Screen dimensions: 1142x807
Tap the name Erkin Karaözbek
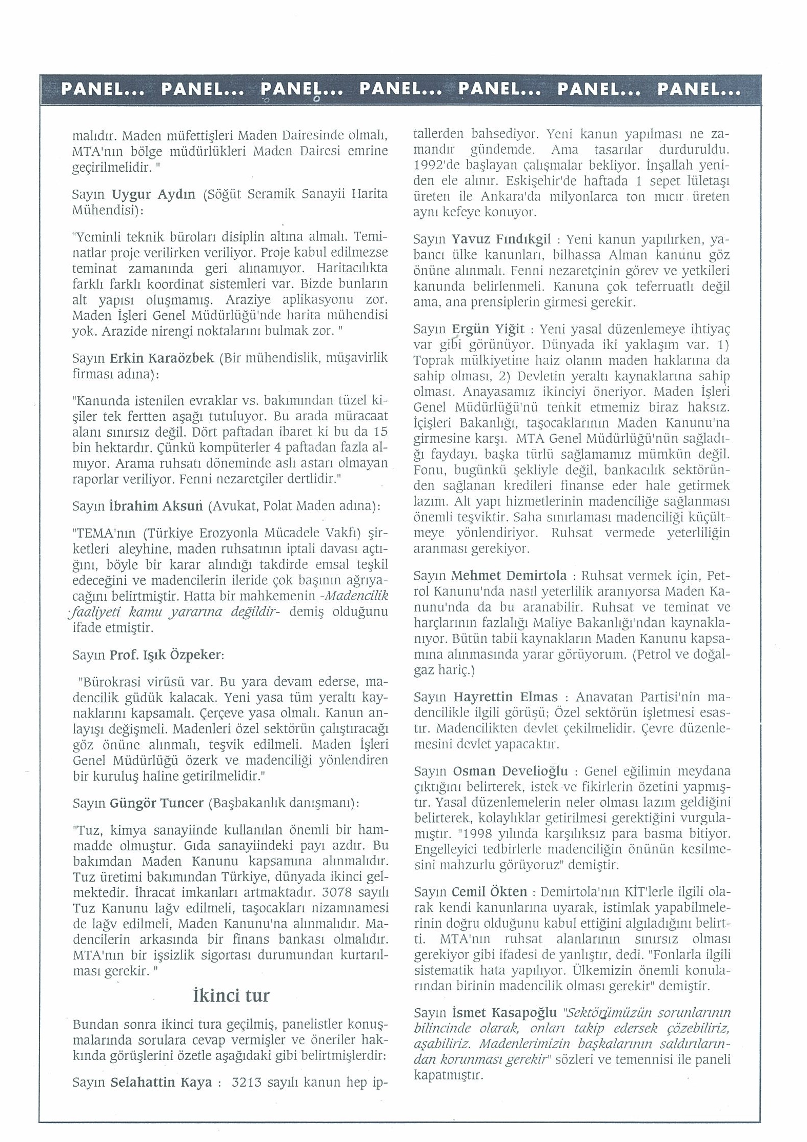(x=162, y=358)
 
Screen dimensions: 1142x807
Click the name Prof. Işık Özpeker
(x=166, y=655)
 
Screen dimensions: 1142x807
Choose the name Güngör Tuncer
(x=157, y=803)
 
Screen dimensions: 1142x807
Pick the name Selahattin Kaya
(x=161, y=1082)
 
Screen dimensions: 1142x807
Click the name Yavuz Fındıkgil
(x=501, y=239)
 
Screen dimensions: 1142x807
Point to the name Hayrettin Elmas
(x=506, y=697)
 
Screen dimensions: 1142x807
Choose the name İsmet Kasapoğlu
(x=505, y=1012)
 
